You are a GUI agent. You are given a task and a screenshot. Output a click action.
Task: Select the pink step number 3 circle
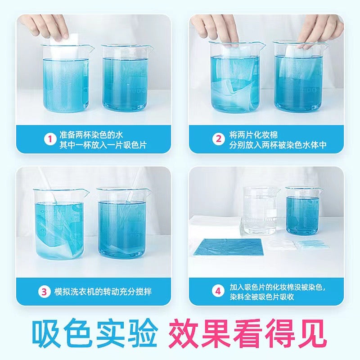coord(44,292)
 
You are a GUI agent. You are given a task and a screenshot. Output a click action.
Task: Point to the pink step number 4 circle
coord(218,291)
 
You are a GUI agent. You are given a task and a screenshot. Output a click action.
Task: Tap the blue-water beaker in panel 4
coord(302,211)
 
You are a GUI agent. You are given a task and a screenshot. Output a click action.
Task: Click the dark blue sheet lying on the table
coord(228,247)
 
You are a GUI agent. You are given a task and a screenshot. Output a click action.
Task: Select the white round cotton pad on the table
coord(280,244)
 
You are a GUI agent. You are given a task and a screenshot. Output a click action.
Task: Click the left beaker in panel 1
coord(66,78)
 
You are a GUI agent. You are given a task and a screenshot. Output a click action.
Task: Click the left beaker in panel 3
coord(60,224)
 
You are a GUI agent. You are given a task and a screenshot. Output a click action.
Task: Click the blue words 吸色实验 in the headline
coord(94,333)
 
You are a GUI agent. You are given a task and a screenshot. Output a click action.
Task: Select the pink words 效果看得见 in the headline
coord(247,333)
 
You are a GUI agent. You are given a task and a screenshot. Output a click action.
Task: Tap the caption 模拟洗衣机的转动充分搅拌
coord(103,292)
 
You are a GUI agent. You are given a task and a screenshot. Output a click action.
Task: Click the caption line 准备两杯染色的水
coord(91,135)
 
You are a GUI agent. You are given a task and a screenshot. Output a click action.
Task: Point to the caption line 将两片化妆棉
coord(253,134)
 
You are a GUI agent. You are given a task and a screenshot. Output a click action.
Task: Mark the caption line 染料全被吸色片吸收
coord(262,297)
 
